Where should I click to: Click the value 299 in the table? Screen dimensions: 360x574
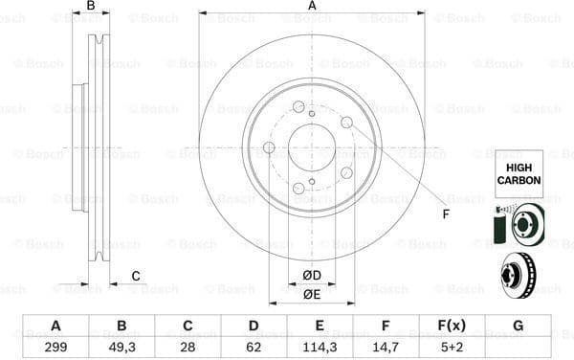(55, 348)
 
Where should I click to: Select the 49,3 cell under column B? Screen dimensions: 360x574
(122, 348)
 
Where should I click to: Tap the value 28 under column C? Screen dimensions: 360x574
(188, 348)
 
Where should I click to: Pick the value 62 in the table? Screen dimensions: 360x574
(254, 348)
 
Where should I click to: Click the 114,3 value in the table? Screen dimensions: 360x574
(320, 348)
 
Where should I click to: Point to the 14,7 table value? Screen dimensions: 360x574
(386, 348)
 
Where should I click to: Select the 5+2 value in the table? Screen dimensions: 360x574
(452, 348)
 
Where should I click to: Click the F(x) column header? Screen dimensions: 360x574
(452, 326)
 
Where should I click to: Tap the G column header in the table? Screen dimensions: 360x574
(518, 326)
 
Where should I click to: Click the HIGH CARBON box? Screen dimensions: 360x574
(518, 173)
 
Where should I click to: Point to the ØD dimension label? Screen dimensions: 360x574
(312, 277)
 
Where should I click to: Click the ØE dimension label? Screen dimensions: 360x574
(312, 294)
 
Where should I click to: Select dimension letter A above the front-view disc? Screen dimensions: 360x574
(312, 7)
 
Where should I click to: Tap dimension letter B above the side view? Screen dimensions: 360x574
(91, 7)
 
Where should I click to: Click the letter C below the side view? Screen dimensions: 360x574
(136, 277)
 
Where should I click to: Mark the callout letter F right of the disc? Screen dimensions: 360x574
(446, 213)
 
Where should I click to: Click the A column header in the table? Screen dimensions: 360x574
(55, 326)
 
